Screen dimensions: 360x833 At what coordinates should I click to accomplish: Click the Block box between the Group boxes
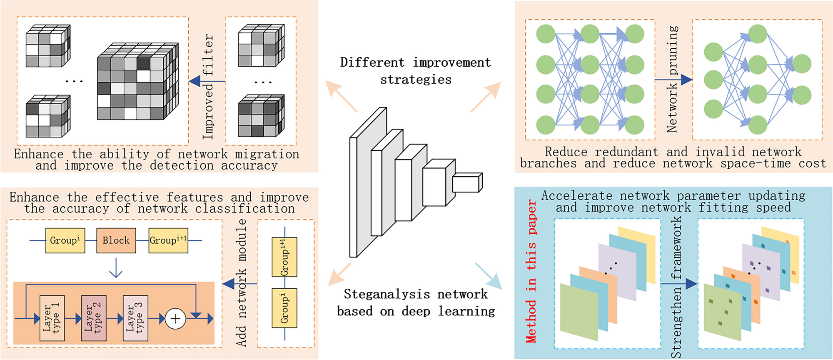pyautogui.click(x=116, y=240)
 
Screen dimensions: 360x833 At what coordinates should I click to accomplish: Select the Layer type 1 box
pyautogui.click(x=52, y=318)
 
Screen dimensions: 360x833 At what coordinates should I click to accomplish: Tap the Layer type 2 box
pyautogui.click(x=94, y=318)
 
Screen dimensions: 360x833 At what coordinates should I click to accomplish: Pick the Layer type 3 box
pyautogui.click(x=135, y=318)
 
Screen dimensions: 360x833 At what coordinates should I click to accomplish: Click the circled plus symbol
pyautogui.click(x=175, y=319)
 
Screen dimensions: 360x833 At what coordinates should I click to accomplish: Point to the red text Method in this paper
pyautogui.click(x=531, y=271)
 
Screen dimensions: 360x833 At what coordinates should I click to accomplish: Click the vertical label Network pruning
pyautogui.click(x=672, y=79)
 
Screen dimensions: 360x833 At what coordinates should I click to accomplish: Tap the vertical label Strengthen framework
pyautogui.click(x=676, y=287)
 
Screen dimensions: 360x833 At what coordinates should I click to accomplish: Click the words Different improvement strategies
pyautogui.click(x=415, y=71)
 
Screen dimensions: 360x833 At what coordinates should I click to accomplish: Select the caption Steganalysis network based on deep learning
pyautogui.click(x=416, y=302)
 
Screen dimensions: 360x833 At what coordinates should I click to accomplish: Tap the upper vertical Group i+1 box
pyautogui.click(x=284, y=257)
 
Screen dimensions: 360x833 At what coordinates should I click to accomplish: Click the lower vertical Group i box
pyautogui.click(x=284, y=308)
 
